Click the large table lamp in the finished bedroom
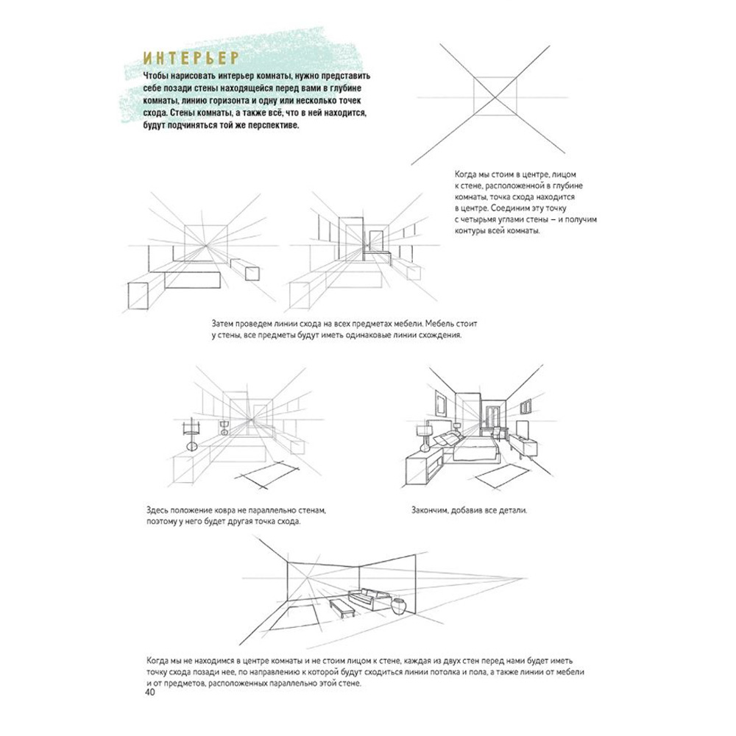(425, 436)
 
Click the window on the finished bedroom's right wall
(531, 406)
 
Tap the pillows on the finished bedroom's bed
(450, 439)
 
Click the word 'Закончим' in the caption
(428, 509)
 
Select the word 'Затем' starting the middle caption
(225, 323)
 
